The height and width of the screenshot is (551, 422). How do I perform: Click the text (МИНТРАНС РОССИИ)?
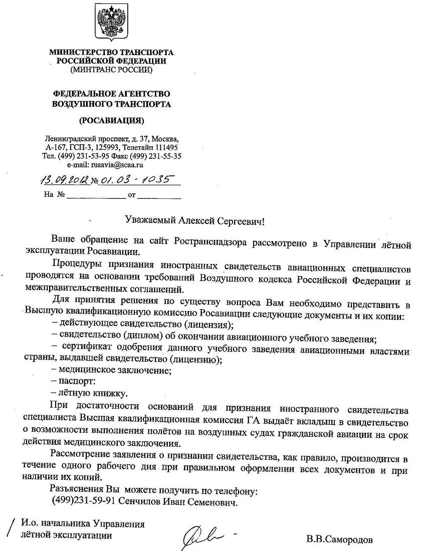(x=111, y=70)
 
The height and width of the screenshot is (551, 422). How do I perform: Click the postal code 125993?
(x=108, y=147)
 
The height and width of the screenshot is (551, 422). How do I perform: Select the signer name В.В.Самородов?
(x=340, y=539)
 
